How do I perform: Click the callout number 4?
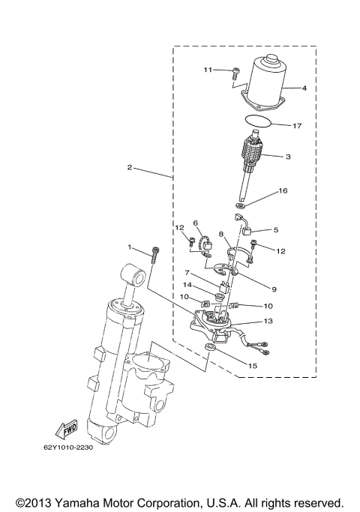coord(304,88)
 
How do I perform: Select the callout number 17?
coord(297,125)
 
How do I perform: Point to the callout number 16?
coord(283,191)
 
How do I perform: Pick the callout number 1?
coord(129,247)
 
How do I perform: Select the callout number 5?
coord(275,230)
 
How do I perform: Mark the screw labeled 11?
coord(235,72)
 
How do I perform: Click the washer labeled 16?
coord(239,204)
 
